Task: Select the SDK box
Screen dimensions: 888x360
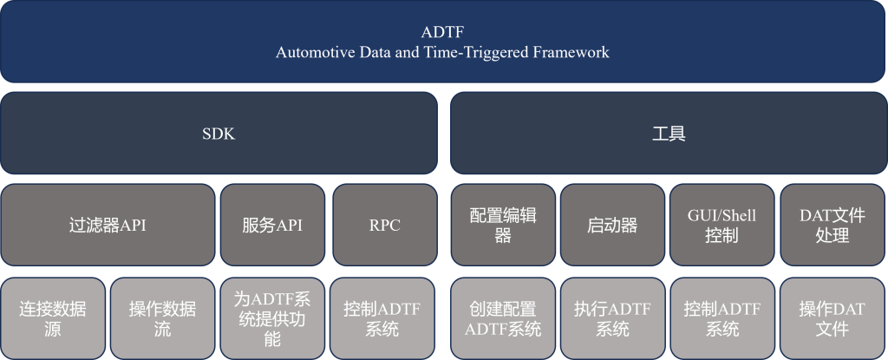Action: pyautogui.click(x=219, y=134)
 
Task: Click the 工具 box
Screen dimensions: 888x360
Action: pyautogui.click(x=669, y=134)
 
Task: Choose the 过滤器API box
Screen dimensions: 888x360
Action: pyautogui.click(x=108, y=225)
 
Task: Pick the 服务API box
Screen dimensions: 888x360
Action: pyautogui.click(x=272, y=225)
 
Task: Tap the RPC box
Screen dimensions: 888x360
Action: pyautogui.click(x=384, y=225)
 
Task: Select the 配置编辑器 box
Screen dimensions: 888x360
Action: pyautogui.click(x=503, y=225)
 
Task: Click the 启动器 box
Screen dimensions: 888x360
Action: pyautogui.click(x=612, y=225)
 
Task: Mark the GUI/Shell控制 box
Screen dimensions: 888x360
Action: pyautogui.click(x=721, y=225)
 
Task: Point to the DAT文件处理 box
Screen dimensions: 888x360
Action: pyautogui.click(x=832, y=225)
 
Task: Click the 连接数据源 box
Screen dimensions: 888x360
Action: pyautogui.click(x=53, y=318)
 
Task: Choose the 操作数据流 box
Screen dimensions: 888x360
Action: pyautogui.click(x=162, y=318)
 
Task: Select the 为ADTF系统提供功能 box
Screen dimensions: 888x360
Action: pyautogui.click(x=272, y=318)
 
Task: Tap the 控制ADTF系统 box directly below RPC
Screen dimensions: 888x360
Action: pyautogui.click(x=382, y=318)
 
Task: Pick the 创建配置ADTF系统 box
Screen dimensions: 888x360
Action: pyautogui.click(x=503, y=318)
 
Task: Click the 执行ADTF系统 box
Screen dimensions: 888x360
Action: pyautogui.click(x=612, y=318)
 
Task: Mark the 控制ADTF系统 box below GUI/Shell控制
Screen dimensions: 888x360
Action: pyautogui.click(x=722, y=318)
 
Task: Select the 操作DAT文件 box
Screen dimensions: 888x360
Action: pyautogui.click(x=832, y=318)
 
